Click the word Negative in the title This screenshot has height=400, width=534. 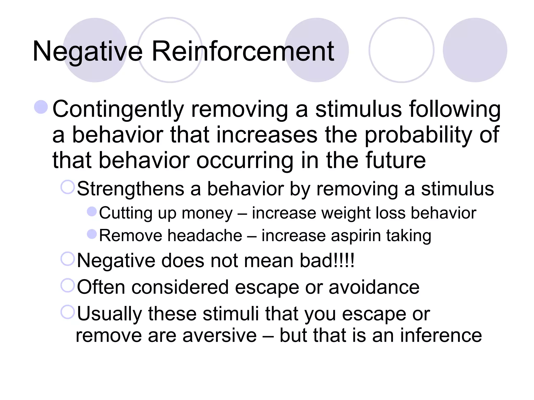[x=88, y=52]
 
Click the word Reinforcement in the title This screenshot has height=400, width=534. [x=242, y=52]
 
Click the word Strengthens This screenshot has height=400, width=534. [x=130, y=189]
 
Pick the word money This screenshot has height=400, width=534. [x=207, y=213]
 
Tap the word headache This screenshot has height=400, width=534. [x=205, y=236]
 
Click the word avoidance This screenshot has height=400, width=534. [x=374, y=287]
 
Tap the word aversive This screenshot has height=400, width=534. [x=220, y=335]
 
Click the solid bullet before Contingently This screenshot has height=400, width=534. [x=41, y=107]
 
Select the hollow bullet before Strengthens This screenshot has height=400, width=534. [x=68, y=187]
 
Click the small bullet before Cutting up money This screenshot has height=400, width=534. [x=92, y=211]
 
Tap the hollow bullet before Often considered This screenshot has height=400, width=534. [x=68, y=285]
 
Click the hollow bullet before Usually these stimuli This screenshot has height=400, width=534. [x=68, y=312]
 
